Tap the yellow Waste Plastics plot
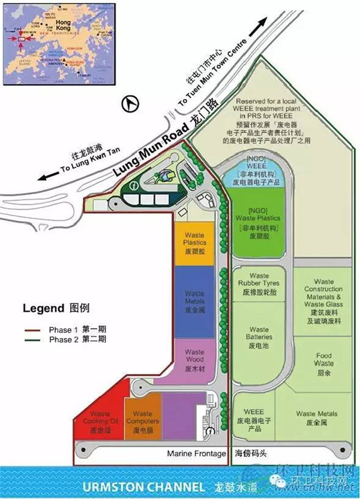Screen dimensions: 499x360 tap(194, 242)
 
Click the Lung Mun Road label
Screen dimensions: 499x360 tap(150, 154)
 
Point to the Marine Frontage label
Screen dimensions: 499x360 tap(196, 453)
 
